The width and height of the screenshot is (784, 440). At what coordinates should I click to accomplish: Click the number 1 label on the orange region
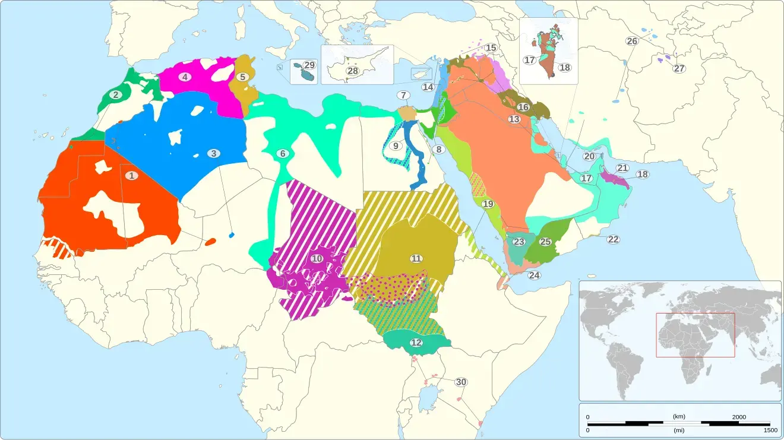click(x=131, y=175)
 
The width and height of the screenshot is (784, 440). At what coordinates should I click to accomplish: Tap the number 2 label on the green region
click(x=115, y=94)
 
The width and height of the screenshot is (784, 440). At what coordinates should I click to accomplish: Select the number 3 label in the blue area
click(x=213, y=153)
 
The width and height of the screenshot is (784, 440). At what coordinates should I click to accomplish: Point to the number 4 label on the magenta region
click(x=185, y=77)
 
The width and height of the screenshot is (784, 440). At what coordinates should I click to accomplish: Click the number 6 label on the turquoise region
click(x=283, y=154)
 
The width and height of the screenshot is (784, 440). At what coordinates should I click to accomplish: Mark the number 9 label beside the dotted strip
click(x=396, y=146)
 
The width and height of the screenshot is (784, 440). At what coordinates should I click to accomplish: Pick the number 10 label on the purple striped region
click(x=317, y=258)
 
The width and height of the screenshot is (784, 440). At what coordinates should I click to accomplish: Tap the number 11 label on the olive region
click(x=416, y=258)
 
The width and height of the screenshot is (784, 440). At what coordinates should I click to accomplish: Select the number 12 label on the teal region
click(x=416, y=343)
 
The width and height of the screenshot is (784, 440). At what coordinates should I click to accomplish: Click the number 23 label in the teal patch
click(x=519, y=242)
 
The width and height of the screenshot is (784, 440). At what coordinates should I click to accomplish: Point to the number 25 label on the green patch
click(x=545, y=242)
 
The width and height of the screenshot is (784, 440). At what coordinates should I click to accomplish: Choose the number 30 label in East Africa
click(x=461, y=382)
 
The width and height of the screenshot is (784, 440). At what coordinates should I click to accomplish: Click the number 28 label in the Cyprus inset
click(x=353, y=71)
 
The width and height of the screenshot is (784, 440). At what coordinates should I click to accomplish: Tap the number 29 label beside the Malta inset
click(x=309, y=65)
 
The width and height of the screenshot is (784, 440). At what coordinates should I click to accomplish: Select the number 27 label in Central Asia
click(x=679, y=68)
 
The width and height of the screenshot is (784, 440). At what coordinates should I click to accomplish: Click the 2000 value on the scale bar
click(x=738, y=417)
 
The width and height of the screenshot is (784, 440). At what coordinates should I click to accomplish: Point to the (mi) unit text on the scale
click(x=679, y=429)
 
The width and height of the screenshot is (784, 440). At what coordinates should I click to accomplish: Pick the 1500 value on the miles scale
click(x=770, y=430)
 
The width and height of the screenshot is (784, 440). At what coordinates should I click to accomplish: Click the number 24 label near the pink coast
click(x=535, y=276)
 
